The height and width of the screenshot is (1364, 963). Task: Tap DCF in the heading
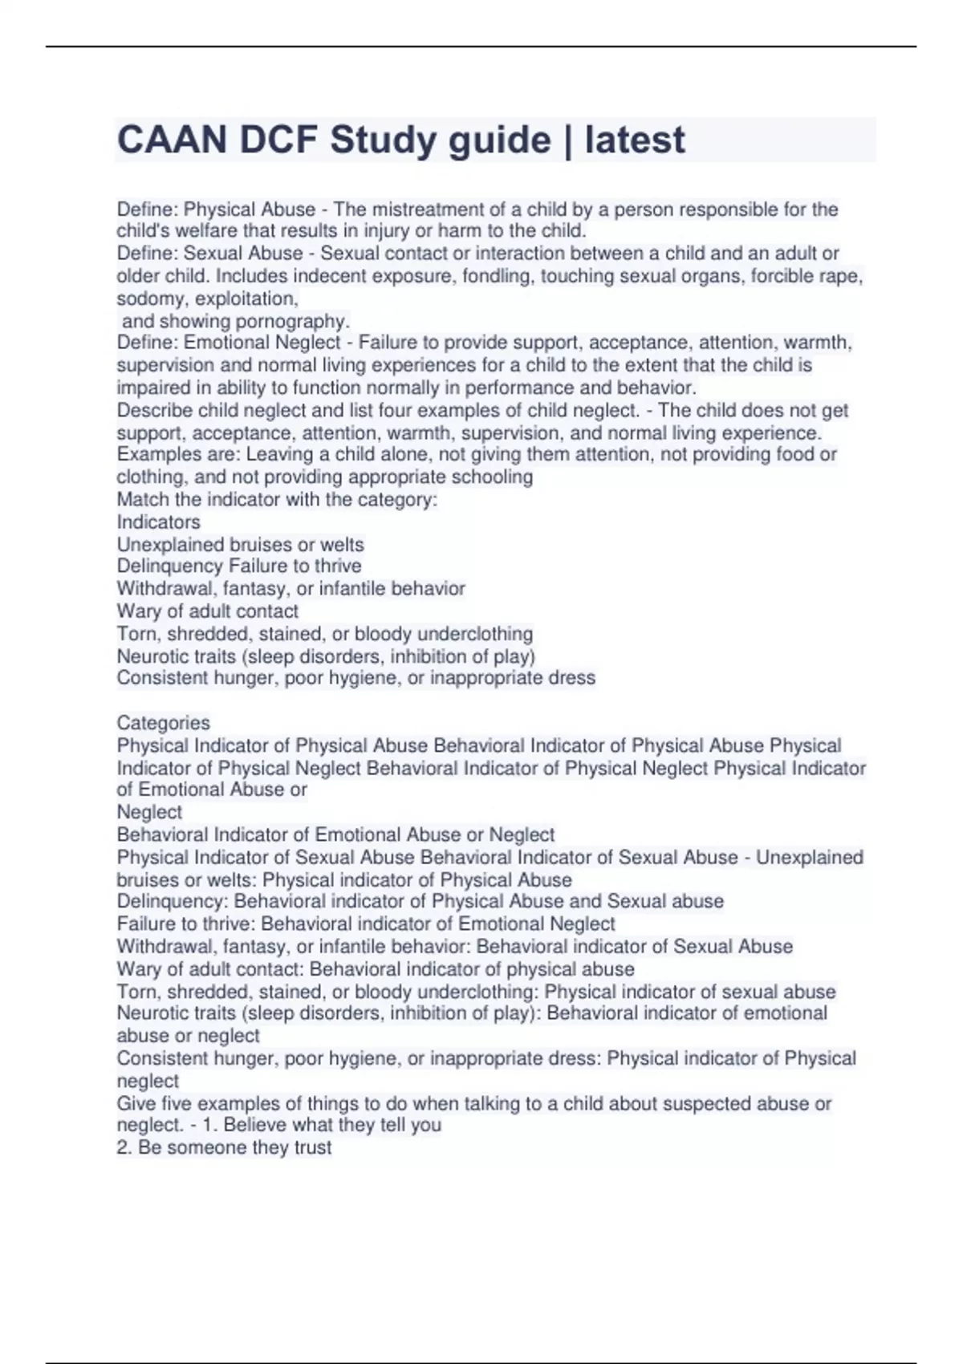(x=278, y=140)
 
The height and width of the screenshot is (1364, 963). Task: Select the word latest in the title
(x=635, y=140)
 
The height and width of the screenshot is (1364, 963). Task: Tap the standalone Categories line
(x=163, y=722)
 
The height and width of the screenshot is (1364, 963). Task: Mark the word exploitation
(x=246, y=298)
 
